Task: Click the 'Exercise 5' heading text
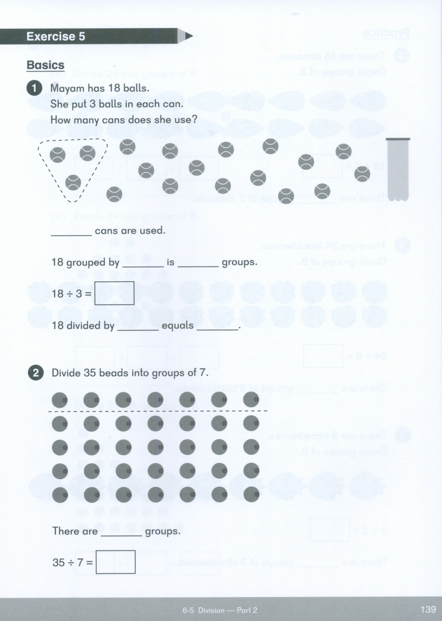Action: pyautogui.click(x=56, y=36)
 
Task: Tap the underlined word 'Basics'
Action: pyautogui.click(x=46, y=65)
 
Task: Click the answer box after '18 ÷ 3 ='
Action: pyautogui.click(x=114, y=293)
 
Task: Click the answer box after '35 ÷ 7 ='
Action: pyautogui.click(x=115, y=562)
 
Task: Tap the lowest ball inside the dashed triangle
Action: pyautogui.click(x=73, y=182)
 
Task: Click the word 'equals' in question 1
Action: pyautogui.click(x=177, y=326)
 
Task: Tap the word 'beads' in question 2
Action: pyautogui.click(x=110, y=373)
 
